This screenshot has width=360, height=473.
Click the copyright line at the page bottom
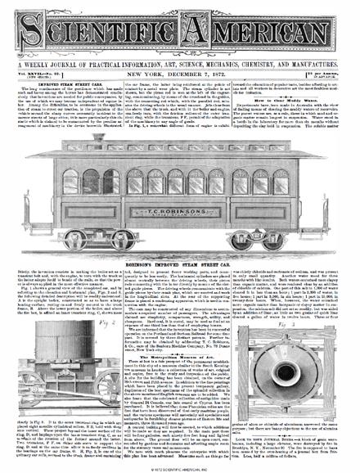click(179, 468)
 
